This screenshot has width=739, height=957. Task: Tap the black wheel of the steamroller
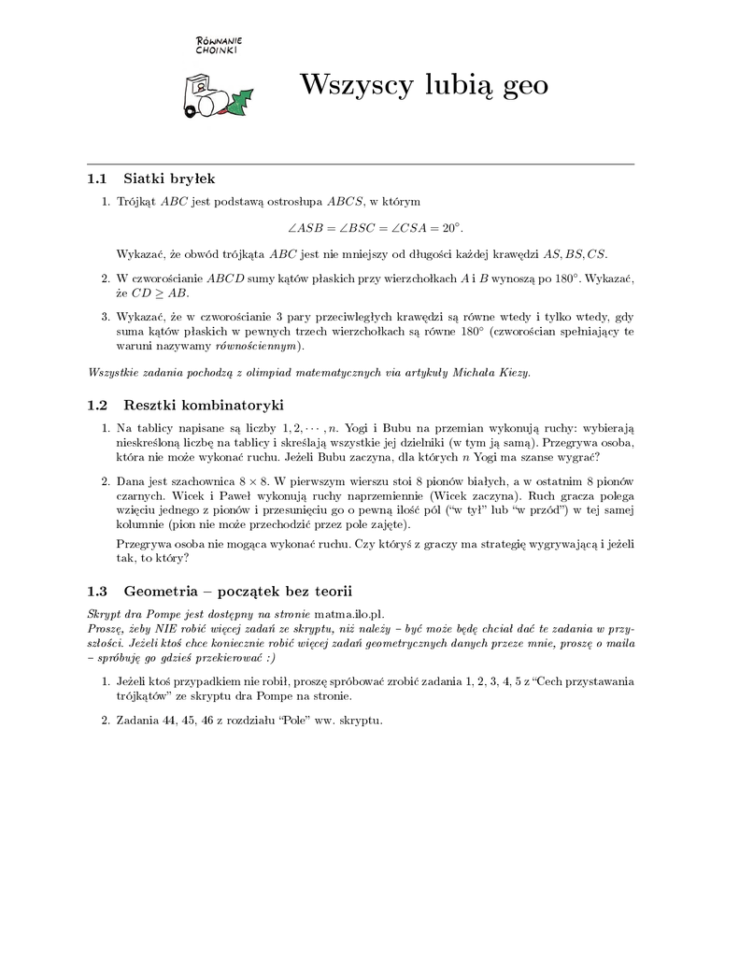pyautogui.click(x=192, y=111)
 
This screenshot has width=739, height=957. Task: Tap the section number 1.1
pyautogui.click(x=97, y=178)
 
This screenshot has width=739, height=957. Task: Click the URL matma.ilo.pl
pyautogui.click(x=349, y=613)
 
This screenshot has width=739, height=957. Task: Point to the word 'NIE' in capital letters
pyautogui.click(x=166, y=628)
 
